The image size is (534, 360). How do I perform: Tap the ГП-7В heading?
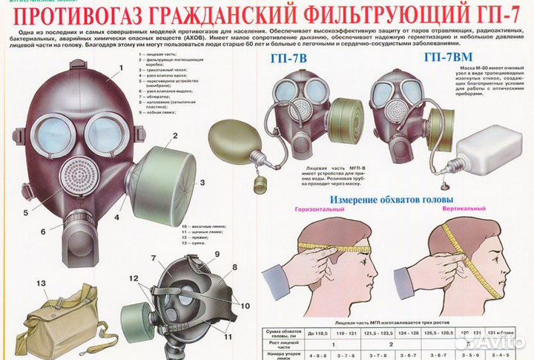291,60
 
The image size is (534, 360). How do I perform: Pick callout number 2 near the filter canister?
174,136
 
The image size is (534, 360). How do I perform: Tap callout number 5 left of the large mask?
25,212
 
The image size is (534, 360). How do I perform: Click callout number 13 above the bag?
41,284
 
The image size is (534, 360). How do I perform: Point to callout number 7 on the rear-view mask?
153,259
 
